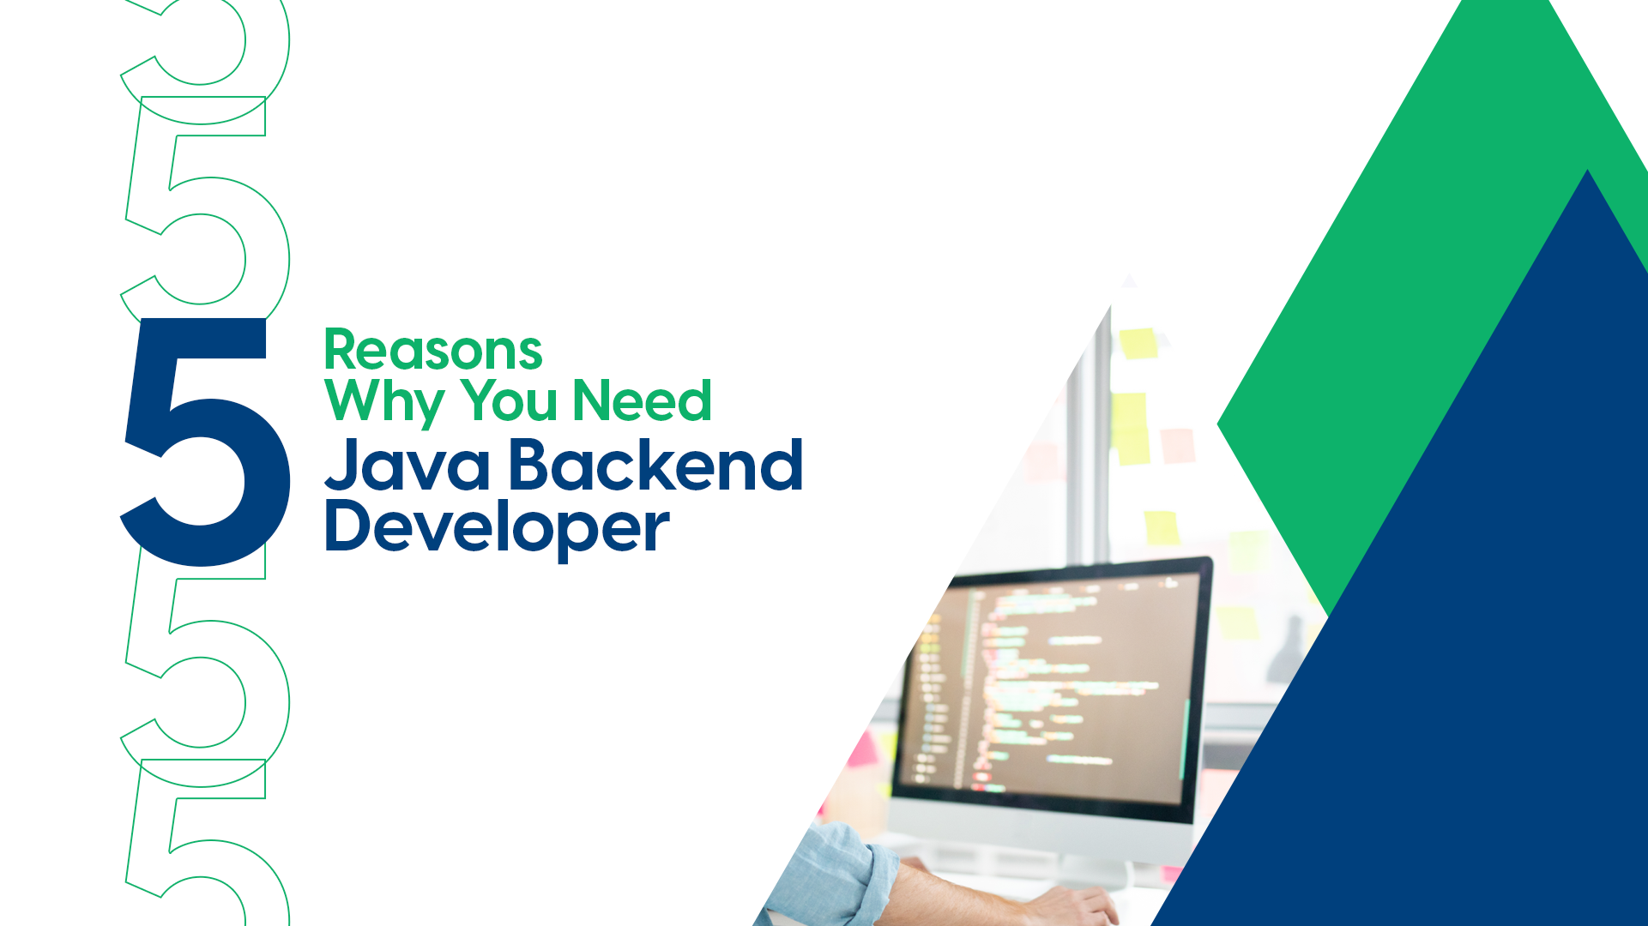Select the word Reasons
click(x=433, y=351)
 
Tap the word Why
click(x=385, y=401)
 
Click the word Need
click(x=642, y=401)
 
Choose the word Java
click(x=407, y=466)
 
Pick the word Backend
click(x=656, y=466)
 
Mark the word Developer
click(x=497, y=527)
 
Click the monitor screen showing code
click(x=1055, y=686)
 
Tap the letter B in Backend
click(x=532, y=466)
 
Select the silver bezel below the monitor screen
click(x=1038, y=827)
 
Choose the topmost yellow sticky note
click(x=1138, y=343)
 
